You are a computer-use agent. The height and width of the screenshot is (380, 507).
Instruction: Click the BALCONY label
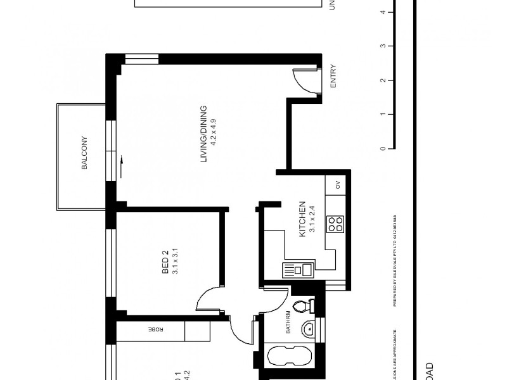84,153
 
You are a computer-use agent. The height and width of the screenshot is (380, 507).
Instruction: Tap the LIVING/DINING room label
204,134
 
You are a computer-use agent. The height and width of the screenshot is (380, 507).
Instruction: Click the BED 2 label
165,263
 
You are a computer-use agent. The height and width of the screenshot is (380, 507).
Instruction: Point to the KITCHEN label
303,219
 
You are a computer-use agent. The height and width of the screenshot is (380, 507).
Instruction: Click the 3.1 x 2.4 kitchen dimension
312,219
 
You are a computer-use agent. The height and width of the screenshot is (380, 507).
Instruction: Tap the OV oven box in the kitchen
338,185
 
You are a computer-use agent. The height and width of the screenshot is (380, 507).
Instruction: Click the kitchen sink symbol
298,270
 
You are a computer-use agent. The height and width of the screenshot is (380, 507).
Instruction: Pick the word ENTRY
334,77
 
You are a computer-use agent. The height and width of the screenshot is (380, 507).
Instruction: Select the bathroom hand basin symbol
309,329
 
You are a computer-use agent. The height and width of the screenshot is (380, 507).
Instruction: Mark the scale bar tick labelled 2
382,80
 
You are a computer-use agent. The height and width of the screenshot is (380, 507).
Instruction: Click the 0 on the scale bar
382,149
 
